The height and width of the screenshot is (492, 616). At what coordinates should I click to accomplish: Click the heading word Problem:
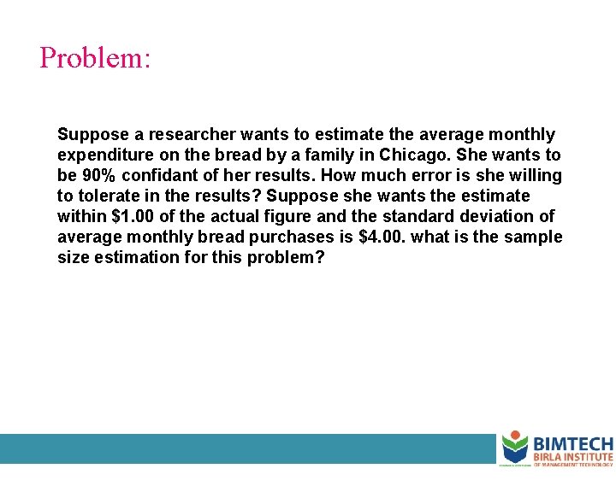95,58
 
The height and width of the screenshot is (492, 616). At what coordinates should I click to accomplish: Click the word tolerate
109,196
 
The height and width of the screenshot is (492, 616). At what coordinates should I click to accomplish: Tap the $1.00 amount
135,217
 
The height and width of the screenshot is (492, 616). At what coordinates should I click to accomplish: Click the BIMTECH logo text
572,444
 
